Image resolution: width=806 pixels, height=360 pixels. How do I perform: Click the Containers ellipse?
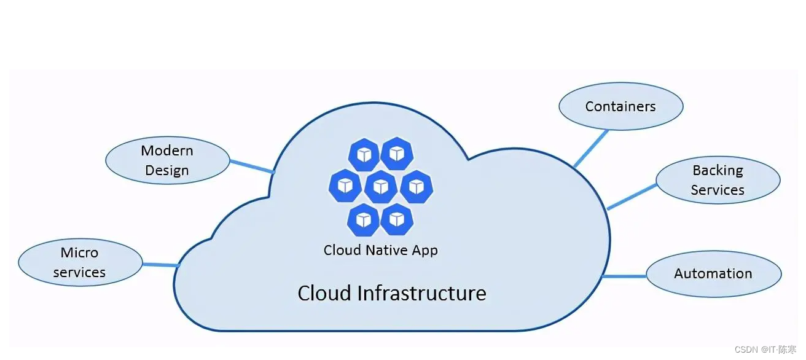point(620,106)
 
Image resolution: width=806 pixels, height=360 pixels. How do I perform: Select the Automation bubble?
point(713,274)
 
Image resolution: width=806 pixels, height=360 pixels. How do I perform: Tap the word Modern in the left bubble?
point(167,151)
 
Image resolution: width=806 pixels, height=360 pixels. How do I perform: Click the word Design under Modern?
point(167,171)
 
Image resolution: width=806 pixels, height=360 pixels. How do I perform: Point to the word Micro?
point(79,252)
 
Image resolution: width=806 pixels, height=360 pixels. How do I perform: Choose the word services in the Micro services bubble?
point(79,272)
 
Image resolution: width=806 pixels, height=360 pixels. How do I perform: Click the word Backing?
point(718,170)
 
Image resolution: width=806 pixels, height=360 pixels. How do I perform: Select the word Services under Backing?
point(718,190)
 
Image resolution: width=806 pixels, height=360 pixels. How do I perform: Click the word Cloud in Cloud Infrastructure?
point(324,293)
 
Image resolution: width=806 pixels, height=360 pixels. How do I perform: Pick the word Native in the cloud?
point(384,250)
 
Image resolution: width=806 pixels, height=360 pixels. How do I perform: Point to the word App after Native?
point(425,250)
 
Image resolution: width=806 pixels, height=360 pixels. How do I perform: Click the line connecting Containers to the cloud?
point(590,148)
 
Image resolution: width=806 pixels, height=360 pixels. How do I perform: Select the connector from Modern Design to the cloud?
point(252,166)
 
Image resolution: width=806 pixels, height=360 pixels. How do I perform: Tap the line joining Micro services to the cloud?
point(160,265)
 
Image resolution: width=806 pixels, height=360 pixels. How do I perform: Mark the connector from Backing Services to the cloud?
point(632,196)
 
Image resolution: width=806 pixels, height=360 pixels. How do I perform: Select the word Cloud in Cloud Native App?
point(341,250)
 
